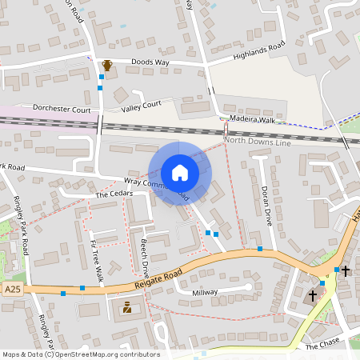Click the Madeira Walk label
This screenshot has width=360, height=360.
pos(251,118)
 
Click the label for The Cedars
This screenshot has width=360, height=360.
pos(112,194)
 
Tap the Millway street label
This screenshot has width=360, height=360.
pos(205,293)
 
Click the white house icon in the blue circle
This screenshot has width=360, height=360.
pos(179,173)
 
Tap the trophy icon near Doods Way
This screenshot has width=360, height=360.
pos(106,65)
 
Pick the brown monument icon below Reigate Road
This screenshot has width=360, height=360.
pos(126,307)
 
